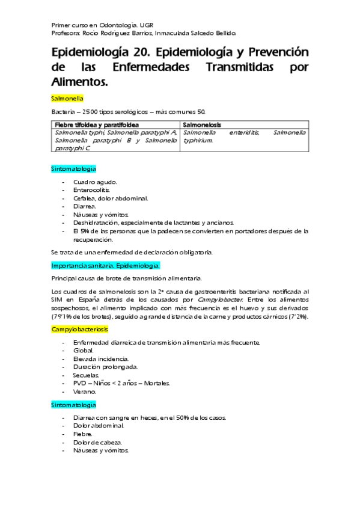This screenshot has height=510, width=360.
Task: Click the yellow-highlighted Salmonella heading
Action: [67, 97]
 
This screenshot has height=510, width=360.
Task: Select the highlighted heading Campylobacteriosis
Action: [80, 330]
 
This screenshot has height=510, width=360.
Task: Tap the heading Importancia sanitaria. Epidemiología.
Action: [106, 265]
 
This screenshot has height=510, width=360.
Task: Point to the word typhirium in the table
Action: [198, 140]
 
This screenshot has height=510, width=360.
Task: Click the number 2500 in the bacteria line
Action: [91, 111]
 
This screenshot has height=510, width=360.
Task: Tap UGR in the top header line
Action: [147, 26]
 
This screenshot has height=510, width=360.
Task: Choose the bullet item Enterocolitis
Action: [92, 189]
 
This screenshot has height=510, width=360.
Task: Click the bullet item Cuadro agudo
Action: [95, 182]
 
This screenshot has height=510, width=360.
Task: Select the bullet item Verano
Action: [85, 392]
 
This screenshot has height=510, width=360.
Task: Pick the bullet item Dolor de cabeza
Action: [97, 442]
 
